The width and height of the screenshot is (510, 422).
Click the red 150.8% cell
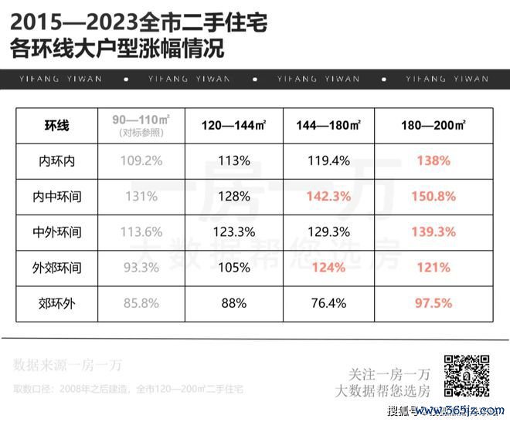[433, 197]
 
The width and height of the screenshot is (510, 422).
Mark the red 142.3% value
[328, 197]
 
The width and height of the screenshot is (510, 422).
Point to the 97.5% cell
[433, 303]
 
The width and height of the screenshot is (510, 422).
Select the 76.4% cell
[328, 303]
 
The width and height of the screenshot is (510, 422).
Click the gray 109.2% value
[142, 161]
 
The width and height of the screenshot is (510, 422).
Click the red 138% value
[433, 161]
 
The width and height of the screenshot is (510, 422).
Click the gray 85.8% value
[142, 303]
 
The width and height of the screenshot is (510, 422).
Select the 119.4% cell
[328, 161]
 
